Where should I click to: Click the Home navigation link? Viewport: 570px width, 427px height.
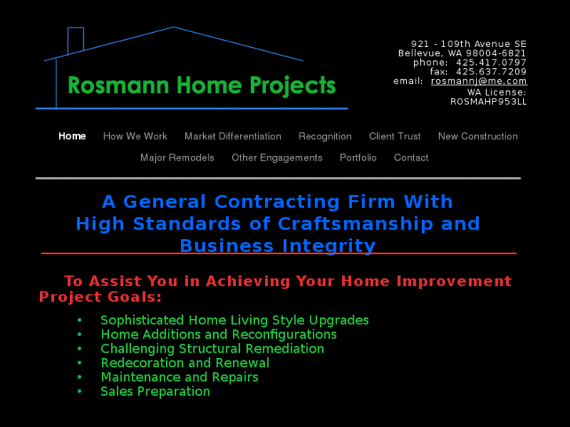tap(72, 136)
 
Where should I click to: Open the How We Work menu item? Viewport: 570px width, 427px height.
tap(135, 136)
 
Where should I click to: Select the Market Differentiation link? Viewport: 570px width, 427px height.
tap(233, 136)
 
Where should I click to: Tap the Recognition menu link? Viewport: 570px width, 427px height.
tap(325, 136)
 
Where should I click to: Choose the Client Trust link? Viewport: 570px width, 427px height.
tap(394, 136)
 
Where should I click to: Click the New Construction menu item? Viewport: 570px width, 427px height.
tap(477, 136)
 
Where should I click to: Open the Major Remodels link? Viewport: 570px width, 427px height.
tap(177, 157)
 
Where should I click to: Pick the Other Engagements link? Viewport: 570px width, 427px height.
tap(277, 157)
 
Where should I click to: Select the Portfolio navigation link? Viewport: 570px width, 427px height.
tap(358, 157)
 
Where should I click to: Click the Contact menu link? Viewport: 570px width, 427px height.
tap(411, 157)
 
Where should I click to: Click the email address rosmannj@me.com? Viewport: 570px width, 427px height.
tap(479, 81)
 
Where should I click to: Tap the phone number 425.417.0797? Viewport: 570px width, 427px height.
tap(492, 63)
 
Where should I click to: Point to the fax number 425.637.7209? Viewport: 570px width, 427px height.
tap(492, 72)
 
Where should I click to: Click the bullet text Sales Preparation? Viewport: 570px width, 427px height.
tap(155, 391)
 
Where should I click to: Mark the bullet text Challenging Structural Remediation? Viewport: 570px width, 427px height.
tap(212, 349)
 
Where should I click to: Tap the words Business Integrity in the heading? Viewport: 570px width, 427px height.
tap(278, 246)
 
